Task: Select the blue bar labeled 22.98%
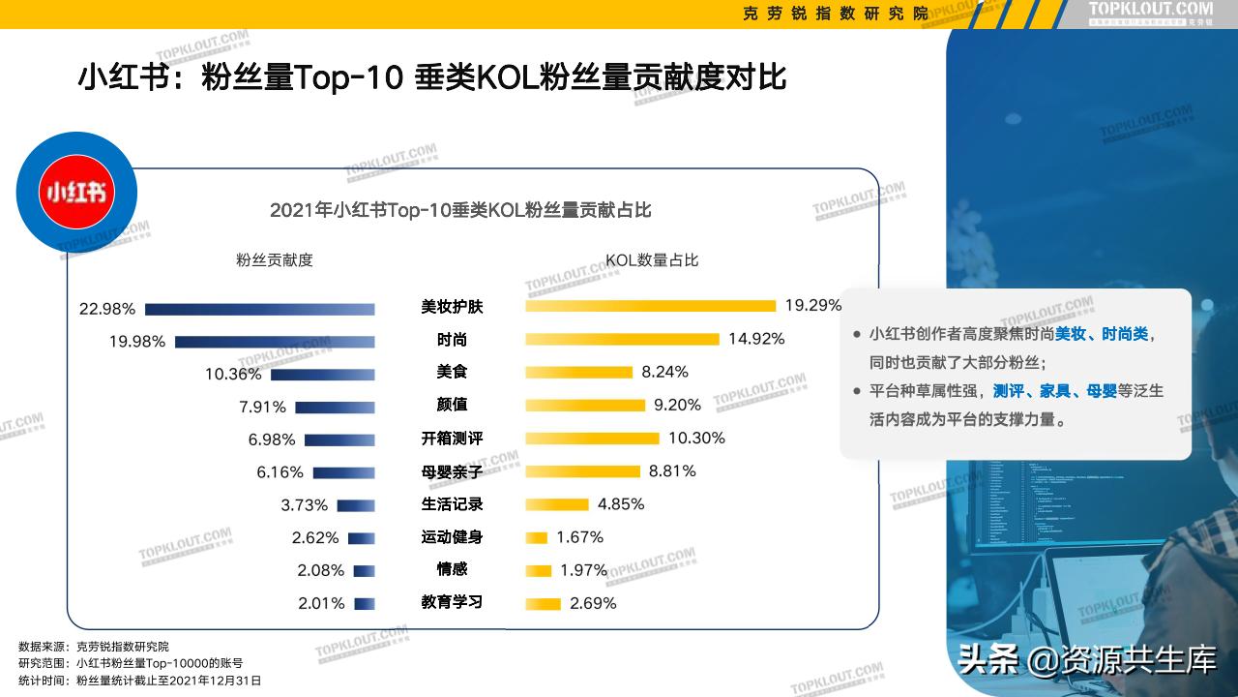pyautogui.click(x=259, y=309)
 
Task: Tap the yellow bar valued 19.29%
pyautogui.click(x=650, y=306)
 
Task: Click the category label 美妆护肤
pyautogui.click(x=452, y=307)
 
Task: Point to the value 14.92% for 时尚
pyautogui.click(x=756, y=339)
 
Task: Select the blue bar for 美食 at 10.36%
pyautogui.click(x=322, y=375)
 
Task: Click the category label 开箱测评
pyautogui.click(x=452, y=439)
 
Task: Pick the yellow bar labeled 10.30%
pyautogui.click(x=592, y=439)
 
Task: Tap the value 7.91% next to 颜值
pyautogui.click(x=262, y=408)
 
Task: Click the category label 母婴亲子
pyautogui.click(x=452, y=471)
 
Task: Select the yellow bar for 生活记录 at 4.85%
pyautogui.click(x=557, y=504)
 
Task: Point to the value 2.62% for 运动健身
pyautogui.click(x=315, y=538)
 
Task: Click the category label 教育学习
pyautogui.click(x=452, y=602)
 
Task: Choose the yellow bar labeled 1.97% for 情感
pyautogui.click(x=539, y=570)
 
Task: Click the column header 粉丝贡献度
pyautogui.click(x=275, y=260)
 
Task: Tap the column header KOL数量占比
pyautogui.click(x=652, y=260)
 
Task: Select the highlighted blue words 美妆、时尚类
pyautogui.click(x=1101, y=334)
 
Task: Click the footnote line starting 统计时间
pyautogui.click(x=140, y=681)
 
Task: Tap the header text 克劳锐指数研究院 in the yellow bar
pyautogui.click(x=836, y=14)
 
